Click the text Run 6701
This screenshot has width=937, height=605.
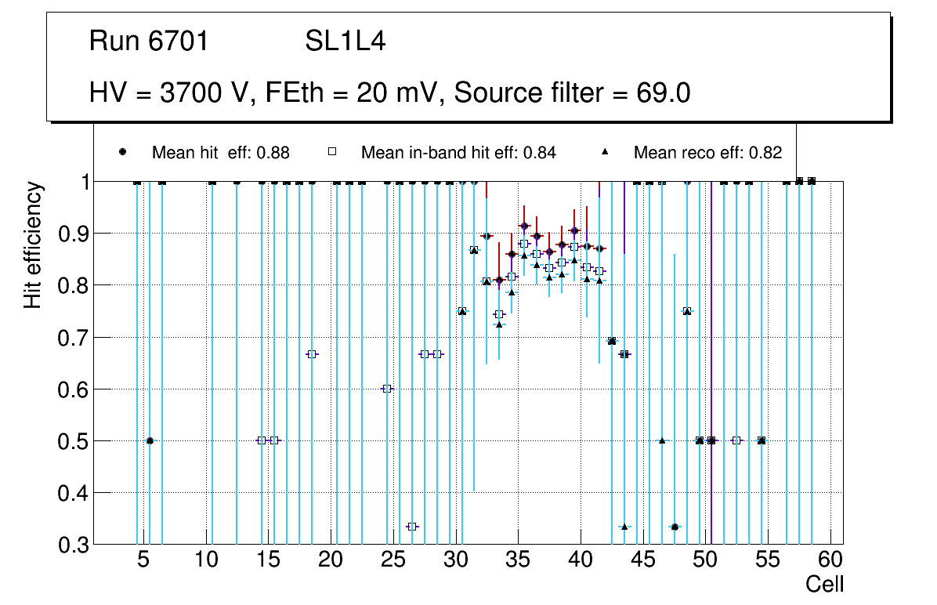click(x=149, y=42)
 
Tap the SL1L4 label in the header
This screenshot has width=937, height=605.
click(x=345, y=42)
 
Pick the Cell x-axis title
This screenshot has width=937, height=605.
click(x=824, y=584)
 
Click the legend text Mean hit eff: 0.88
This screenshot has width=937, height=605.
click(x=221, y=153)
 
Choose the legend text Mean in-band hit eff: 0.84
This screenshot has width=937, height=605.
click(x=458, y=153)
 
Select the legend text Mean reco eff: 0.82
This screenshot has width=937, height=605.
click(x=707, y=153)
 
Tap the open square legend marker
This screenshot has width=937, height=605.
click(x=332, y=152)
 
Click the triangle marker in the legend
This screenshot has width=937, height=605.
click(x=606, y=152)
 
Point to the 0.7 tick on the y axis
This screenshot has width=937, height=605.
click(x=72, y=338)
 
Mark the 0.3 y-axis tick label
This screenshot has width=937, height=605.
click(x=72, y=545)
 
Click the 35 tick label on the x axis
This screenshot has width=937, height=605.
click(x=517, y=561)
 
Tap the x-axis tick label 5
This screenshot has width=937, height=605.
click(x=143, y=561)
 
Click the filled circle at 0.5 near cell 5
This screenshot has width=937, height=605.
click(x=150, y=440)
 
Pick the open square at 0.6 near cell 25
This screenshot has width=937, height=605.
click(x=387, y=389)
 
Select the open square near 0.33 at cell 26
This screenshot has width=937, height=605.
click(x=412, y=527)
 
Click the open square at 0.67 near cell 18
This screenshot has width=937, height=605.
click(x=312, y=354)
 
